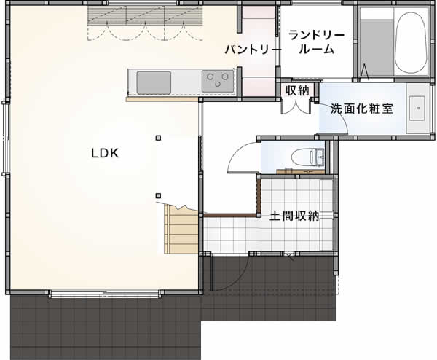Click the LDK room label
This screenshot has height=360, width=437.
(105, 153)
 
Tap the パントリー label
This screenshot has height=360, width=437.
(253, 50)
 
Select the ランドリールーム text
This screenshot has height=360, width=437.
(316, 42)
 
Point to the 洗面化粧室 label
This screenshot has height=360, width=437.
(362, 109)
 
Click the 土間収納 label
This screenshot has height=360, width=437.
(294, 216)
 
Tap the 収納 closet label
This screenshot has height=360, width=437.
(297, 90)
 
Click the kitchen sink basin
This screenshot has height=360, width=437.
(154, 82)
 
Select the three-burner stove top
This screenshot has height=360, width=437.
(218, 81)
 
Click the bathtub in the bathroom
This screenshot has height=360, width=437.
(411, 40)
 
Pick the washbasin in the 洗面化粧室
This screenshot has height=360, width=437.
(417, 108)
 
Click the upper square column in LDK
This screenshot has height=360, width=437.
(158, 138)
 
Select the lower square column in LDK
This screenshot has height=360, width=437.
(158, 195)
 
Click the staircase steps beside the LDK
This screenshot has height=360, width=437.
(181, 230)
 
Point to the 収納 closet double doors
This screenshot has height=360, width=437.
(296, 107)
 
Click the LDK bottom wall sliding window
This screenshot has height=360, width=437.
(105, 294)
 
